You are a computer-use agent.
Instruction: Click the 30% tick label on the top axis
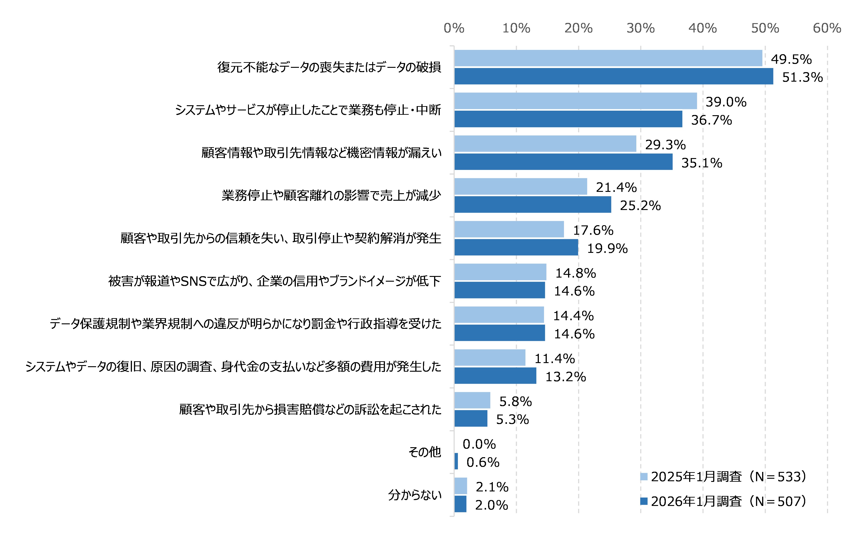[x=640, y=28]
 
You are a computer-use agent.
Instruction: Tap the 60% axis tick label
[x=827, y=28]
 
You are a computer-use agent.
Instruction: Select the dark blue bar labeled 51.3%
[x=613, y=76]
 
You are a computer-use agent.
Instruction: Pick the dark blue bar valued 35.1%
[x=563, y=162]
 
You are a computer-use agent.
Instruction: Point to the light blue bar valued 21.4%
[x=520, y=186]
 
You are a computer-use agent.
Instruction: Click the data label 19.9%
[x=607, y=248]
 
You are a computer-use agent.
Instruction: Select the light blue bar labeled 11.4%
[x=490, y=358]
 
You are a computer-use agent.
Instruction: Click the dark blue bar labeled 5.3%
[x=471, y=418]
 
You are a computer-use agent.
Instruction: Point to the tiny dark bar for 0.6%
[x=456, y=461]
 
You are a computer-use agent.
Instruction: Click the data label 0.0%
[x=479, y=444]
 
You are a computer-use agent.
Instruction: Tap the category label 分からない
[x=414, y=495]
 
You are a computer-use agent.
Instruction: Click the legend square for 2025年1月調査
[x=644, y=477]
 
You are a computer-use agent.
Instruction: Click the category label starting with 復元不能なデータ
[x=329, y=67]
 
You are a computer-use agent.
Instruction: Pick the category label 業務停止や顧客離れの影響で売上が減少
[x=331, y=195]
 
